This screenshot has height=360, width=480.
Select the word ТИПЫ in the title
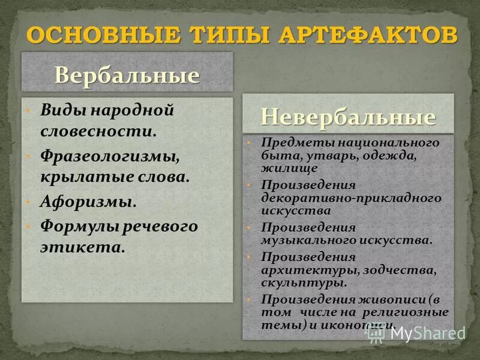(x=230, y=34)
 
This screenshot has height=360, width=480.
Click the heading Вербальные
(x=127, y=76)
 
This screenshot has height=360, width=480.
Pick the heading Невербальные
(x=348, y=116)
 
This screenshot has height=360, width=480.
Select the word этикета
(x=82, y=247)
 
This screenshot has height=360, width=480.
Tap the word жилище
(x=280, y=169)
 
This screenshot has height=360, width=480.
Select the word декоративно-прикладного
(x=351, y=197)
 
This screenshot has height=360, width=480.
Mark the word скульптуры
(x=303, y=282)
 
